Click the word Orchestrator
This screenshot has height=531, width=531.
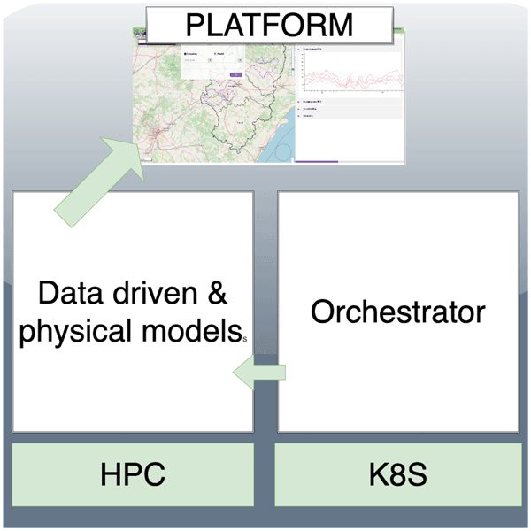397,312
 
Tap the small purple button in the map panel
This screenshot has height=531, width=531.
235,74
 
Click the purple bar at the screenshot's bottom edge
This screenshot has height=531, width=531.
316,161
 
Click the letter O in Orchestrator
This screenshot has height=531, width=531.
322,312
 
